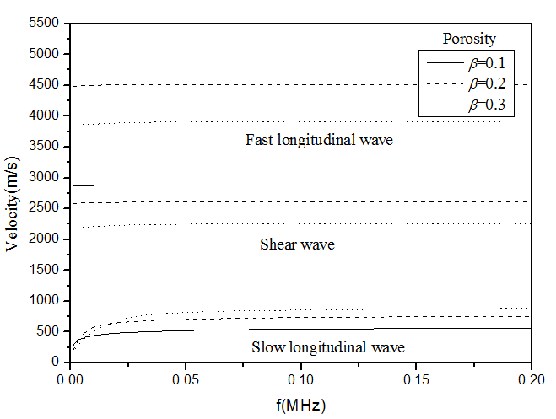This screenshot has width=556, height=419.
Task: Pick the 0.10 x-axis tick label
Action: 301,377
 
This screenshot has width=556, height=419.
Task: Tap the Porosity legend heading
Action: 468,39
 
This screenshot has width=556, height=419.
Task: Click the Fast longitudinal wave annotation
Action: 319,141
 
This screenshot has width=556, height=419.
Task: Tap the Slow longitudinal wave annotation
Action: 328,347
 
